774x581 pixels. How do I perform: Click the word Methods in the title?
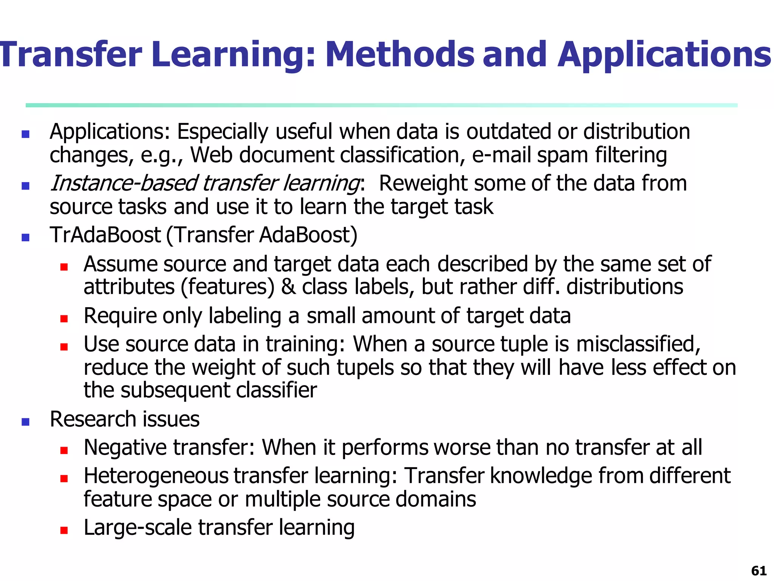399,55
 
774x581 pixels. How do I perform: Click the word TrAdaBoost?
105,235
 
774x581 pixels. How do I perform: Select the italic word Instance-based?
124,183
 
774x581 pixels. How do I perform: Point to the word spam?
563,155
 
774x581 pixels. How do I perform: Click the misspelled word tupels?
365,368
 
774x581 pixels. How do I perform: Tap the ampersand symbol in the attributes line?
288,287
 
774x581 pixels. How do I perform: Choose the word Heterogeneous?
156,476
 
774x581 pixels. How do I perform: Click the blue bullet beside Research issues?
26,422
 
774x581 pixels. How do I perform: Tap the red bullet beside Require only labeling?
64,318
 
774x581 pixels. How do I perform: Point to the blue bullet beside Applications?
26,134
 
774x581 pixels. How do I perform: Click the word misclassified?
638,344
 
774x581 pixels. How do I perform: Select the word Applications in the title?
664,55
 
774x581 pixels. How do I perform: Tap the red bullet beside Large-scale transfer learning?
64,530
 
